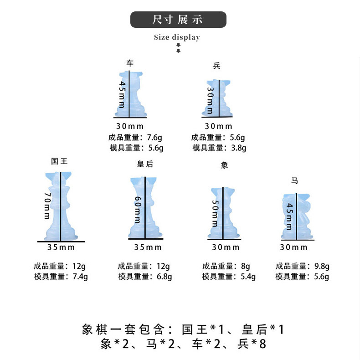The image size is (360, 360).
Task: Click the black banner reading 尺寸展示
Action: (178, 20)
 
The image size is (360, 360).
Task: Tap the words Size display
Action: (177, 37)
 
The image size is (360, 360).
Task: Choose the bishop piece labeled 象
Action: (224, 213)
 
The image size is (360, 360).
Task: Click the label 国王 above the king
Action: (59, 161)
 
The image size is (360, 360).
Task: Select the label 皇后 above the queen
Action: (145, 164)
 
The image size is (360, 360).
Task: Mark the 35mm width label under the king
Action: (61, 247)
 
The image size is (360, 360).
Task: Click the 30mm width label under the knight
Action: (294, 247)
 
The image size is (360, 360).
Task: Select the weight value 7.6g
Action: (155, 137)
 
